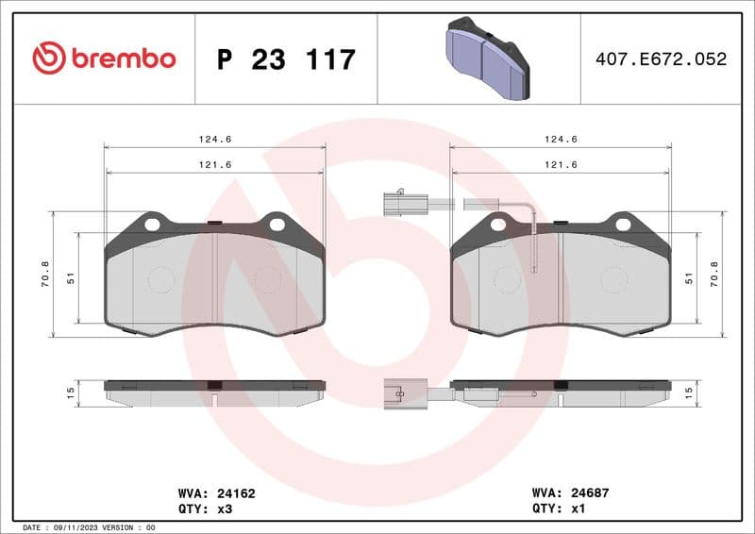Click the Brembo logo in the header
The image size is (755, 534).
click(x=104, y=58)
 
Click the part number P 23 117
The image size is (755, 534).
click(x=286, y=59)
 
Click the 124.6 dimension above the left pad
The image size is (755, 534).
click(x=214, y=139)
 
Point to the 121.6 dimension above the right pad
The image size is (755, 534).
click(x=562, y=164)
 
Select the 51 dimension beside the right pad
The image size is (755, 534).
click(x=690, y=278)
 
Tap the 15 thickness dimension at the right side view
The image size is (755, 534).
click(x=690, y=391)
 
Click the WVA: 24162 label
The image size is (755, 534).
click(x=217, y=492)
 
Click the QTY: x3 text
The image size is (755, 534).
click(x=205, y=508)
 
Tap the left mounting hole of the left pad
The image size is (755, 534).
click(x=152, y=224)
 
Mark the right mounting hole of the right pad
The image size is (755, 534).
click(x=623, y=224)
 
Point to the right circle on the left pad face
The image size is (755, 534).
click(x=269, y=279)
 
